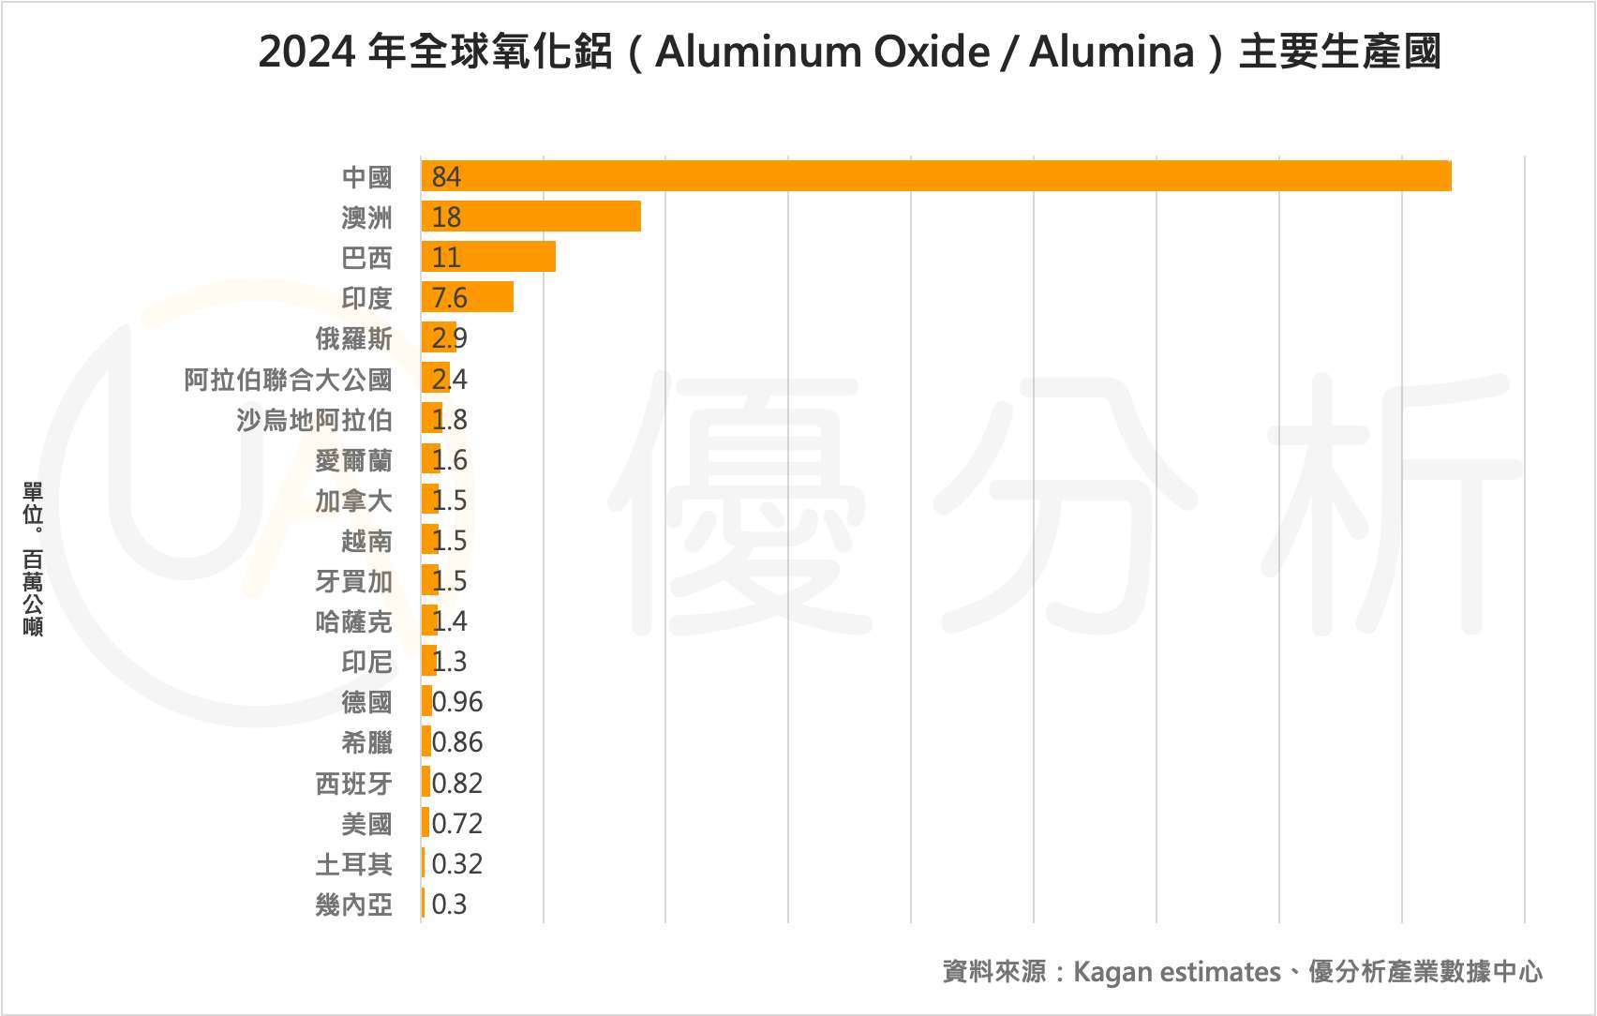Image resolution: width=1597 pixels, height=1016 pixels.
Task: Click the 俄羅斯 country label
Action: pos(353,338)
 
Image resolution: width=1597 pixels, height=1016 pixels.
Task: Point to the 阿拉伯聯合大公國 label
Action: pos(288,380)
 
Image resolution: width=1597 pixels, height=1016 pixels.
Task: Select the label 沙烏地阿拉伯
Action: pos(314,420)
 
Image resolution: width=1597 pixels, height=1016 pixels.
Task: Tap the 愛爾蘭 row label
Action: pos(353,460)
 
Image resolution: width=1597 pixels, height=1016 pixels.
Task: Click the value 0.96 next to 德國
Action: pos(457,702)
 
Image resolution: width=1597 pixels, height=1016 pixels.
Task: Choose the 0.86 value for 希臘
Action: pos(457,742)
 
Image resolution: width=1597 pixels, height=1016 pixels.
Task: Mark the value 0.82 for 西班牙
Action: pos(457,783)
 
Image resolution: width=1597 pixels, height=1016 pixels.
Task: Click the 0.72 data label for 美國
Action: pos(457,824)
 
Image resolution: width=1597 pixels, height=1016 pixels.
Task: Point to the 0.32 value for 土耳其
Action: pos(457,864)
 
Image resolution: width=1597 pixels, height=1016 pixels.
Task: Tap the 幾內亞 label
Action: pos(353,904)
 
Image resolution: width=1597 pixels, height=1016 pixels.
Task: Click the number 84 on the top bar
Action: pos(446,176)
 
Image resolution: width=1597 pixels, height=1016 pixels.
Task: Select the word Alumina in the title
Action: pos(1112,52)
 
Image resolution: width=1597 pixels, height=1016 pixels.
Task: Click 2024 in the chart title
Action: pos(306,52)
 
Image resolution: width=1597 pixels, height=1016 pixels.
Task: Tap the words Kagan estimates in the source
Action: pos(1176,972)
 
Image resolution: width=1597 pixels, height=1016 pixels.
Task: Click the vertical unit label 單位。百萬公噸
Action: pos(33,560)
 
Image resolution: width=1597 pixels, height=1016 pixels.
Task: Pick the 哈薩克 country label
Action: pos(353,621)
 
